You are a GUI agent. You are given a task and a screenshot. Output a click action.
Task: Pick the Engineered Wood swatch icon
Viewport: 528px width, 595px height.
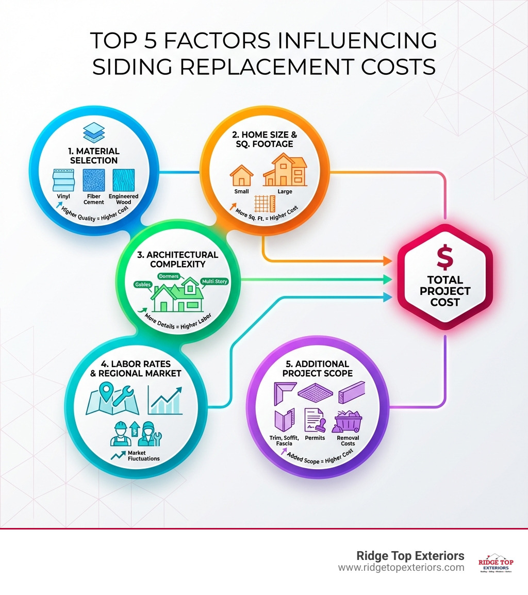(123, 180)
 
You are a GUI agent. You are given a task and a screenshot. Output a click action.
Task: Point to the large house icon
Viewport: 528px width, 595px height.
(285, 171)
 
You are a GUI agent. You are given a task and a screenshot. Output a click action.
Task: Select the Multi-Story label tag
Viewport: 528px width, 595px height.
(214, 282)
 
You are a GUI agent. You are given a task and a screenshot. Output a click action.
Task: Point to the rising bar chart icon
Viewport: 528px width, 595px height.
(165, 400)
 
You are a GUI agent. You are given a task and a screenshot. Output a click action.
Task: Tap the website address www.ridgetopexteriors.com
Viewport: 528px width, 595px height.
(401, 568)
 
